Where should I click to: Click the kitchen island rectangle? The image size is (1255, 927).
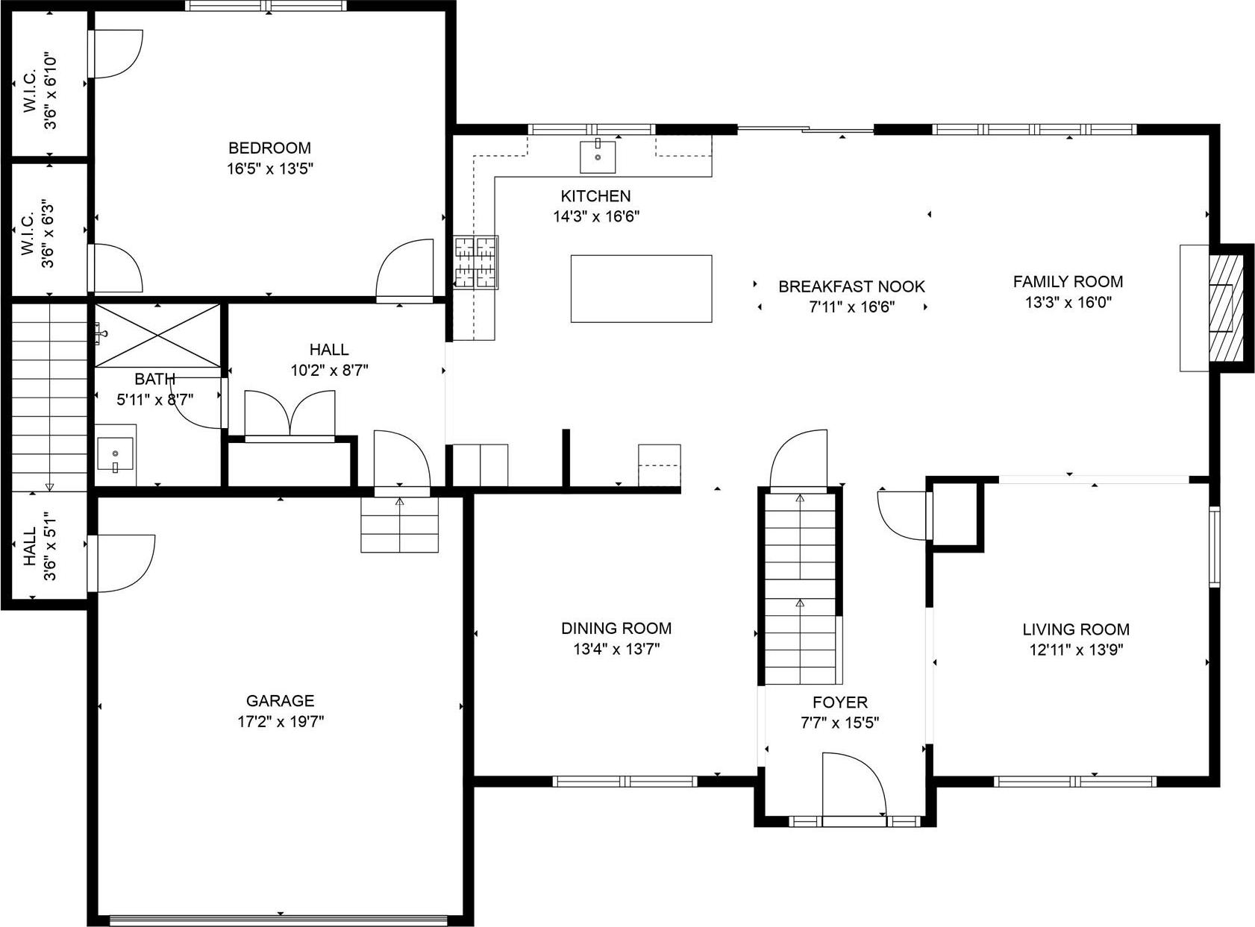641,289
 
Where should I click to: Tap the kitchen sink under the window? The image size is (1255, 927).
598,156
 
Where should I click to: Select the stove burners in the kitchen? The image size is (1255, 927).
476,262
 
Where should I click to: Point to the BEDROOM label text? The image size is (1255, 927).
269,148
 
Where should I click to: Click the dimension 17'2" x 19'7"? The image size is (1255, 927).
280,722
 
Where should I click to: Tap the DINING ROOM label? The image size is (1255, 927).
616,628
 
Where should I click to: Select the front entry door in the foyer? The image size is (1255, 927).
854,788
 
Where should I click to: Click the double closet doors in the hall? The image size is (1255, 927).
290,413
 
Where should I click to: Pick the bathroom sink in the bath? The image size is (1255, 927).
115,454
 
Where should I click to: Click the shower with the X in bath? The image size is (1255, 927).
158,335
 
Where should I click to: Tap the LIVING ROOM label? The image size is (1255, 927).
1076,629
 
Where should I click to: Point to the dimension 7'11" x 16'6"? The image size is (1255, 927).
851,307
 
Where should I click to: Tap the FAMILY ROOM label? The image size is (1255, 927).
1068,282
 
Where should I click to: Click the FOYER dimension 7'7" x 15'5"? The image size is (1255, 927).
839,723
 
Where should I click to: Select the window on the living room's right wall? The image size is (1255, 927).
1214,546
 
